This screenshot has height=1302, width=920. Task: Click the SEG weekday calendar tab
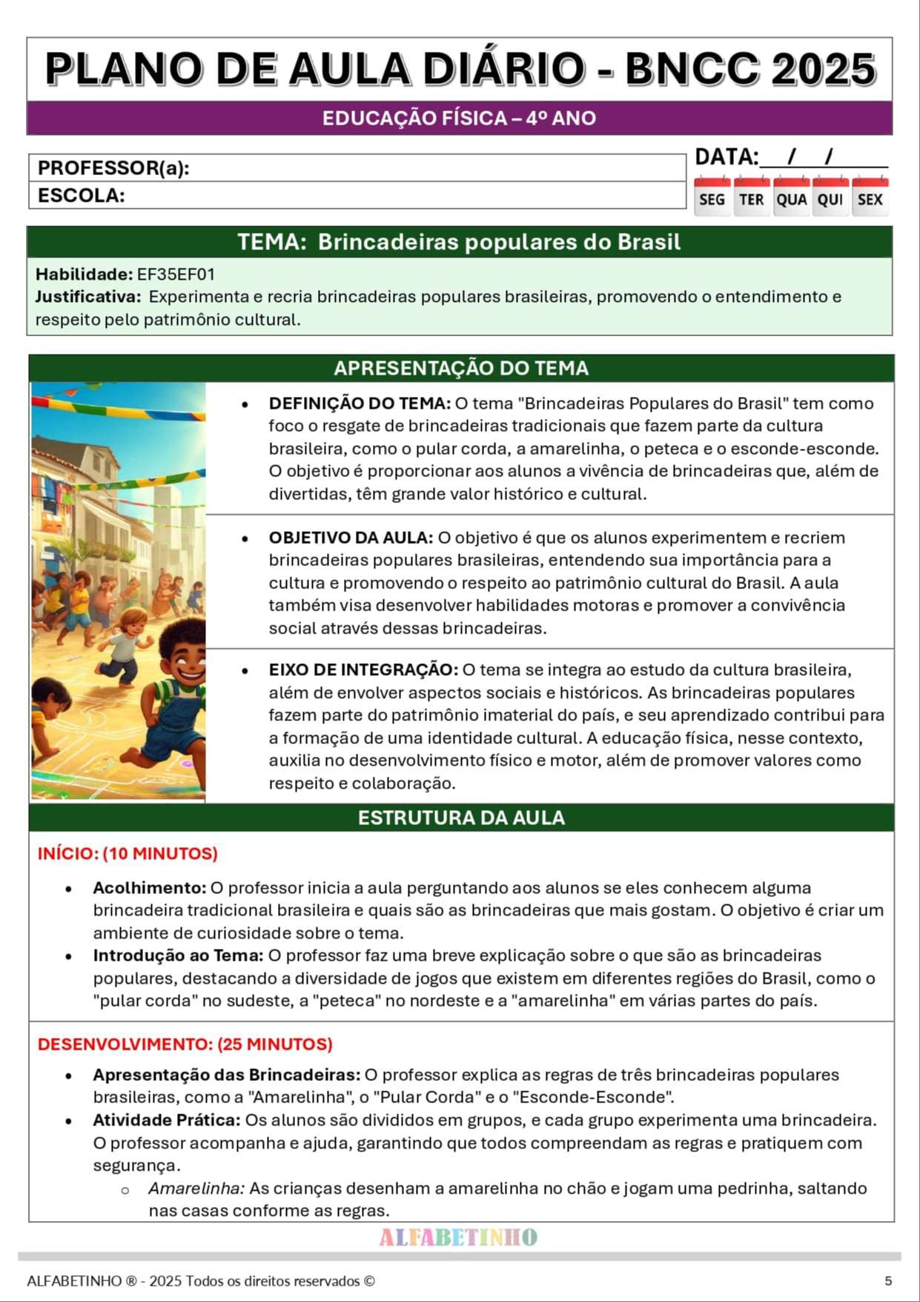(x=712, y=199)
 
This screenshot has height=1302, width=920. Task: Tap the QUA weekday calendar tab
(x=791, y=199)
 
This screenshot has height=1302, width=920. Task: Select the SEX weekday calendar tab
(x=870, y=199)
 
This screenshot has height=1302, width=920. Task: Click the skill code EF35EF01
(x=176, y=274)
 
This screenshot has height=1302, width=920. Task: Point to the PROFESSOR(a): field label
(x=113, y=168)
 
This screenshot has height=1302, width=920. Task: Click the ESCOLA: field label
(x=81, y=196)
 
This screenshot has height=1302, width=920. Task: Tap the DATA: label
(x=727, y=157)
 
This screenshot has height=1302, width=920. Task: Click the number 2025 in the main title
(x=823, y=70)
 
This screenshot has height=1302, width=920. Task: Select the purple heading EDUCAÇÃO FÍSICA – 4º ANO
(x=459, y=119)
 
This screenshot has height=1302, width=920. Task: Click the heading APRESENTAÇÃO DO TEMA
(x=460, y=368)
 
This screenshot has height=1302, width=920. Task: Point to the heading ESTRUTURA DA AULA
(x=460, y=818)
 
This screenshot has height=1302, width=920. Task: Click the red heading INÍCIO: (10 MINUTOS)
(x=128, y=854)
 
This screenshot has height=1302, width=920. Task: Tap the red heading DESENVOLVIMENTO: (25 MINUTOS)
(x=185, y=1045)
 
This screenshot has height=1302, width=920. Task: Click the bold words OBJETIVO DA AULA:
(x=351, y=538)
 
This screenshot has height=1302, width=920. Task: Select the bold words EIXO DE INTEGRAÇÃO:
(x=363, y=670)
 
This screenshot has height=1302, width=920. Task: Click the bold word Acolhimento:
(x=149, y=888)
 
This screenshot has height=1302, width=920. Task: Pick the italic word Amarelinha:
(x=196, y=1188)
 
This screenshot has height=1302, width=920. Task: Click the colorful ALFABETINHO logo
(x=458, y=1237)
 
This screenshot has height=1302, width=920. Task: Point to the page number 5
(x=888, y=1281)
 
